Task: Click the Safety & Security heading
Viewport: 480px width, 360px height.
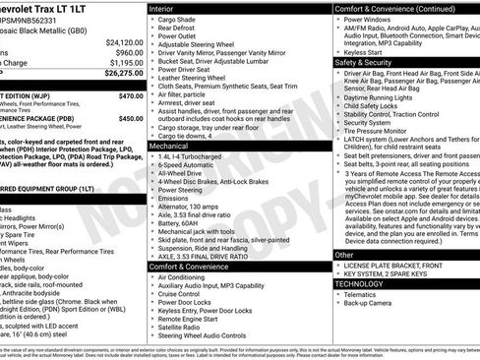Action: point(363,61)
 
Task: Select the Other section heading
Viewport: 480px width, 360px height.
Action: point(344,254)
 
